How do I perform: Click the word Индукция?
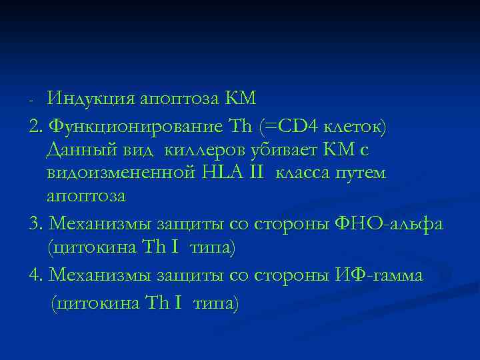coord(89,99)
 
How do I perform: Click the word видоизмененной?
coord(120,173)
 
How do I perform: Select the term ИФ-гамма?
coord(380,274)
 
